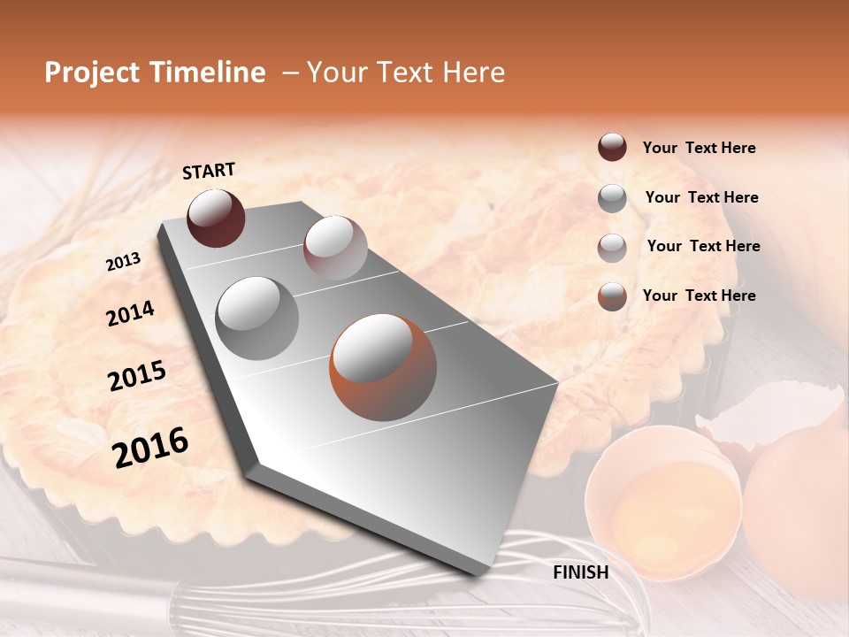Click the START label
209,171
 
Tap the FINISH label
580,572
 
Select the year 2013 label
123,262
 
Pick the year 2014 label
130,313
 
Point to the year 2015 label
136,376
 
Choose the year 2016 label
150,447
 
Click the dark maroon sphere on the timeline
216,218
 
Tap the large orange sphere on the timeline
383,367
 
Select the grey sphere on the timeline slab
256,318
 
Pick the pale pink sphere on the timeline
334,248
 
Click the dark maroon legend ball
612,148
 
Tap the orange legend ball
612,296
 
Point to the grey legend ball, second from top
612,198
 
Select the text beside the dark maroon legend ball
699,148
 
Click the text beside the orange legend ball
699,295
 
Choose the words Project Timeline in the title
155,73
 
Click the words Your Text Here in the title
405,73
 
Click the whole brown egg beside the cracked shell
796,513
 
